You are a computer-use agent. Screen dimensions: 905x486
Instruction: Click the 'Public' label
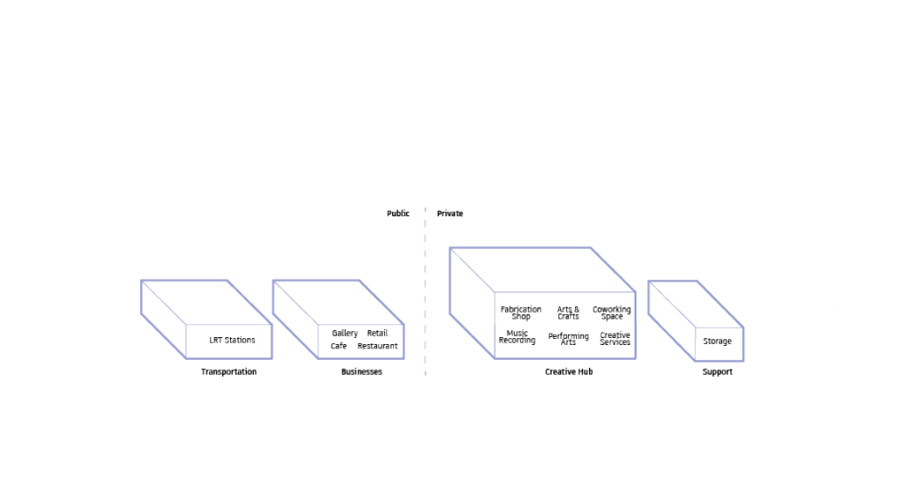pos(397,214)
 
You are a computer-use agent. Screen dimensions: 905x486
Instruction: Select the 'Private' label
pos(450,214)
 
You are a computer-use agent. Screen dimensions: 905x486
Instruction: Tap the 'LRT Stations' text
pos(232,340)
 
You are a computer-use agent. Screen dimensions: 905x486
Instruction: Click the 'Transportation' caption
pos(228,371)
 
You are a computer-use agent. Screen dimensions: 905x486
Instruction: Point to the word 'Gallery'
pos(345,333)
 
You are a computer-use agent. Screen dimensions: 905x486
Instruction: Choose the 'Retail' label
pos(377,333)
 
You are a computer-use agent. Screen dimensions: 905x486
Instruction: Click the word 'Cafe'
pos(338,346)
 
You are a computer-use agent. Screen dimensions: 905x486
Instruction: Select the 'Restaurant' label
pos(377,346)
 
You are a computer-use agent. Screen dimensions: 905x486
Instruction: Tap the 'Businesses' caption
pos(361,371)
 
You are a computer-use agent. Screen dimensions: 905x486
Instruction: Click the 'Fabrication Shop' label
pos(521,313)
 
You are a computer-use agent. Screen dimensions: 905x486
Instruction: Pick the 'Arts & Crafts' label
pos(568,313)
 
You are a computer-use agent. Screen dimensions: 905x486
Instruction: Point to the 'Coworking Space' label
pos(612,313)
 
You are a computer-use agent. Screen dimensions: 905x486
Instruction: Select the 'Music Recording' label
pos(517,336)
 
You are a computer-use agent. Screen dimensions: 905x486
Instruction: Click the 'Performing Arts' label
pos(569,338)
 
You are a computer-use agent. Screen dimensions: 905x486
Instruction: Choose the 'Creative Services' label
pos(614,338)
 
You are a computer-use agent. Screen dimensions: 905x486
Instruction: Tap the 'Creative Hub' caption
pos(569,371)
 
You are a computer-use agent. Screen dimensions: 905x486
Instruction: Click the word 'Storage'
pos(717,342)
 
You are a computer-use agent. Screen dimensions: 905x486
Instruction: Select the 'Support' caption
pos(717,371)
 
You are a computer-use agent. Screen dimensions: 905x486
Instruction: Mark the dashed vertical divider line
pos(425,292)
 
